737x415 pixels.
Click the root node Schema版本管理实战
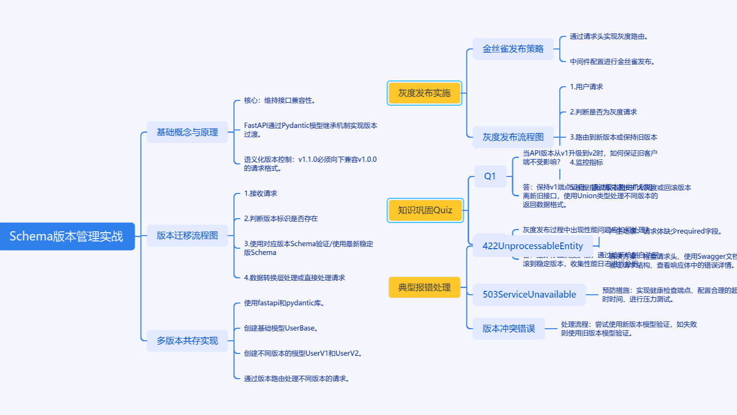(67, 237)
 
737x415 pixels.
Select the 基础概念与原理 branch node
(187, 132)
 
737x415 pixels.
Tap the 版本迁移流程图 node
(187, 236)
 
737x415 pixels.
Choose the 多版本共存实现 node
(187, 341)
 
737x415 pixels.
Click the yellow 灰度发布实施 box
(424, 93)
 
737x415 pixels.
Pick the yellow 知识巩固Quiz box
(425, 210)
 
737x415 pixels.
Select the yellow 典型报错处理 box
(424, 287)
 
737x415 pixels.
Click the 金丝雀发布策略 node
(513, 49)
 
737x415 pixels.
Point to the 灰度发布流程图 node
(513, 137)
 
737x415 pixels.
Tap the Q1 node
(490, 176)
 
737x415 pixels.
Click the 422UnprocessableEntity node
(532, 246)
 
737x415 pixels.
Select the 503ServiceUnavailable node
(529, 294)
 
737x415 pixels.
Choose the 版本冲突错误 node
(509, 329)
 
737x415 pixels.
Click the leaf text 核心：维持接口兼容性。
(280, 100)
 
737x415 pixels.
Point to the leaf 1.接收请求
(261, 193)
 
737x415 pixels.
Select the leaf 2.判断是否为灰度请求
(603, 112)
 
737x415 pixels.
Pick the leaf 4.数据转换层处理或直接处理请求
(295, 278)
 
